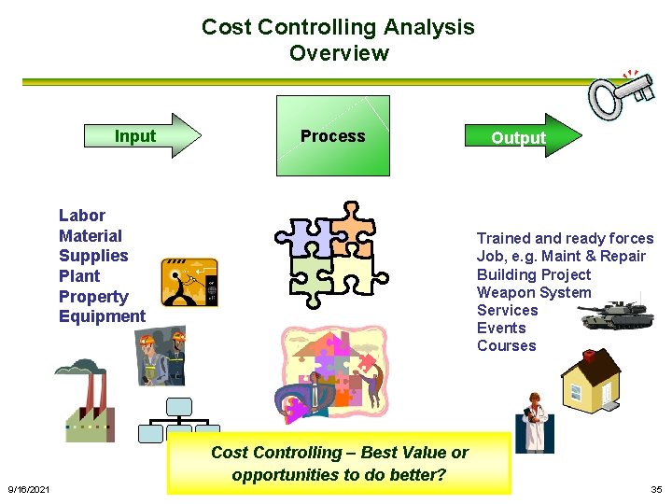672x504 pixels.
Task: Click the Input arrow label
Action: click(x=135, y=136)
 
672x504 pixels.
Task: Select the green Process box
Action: click(x=332, y=136)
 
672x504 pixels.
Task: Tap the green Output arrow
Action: click(x=519, y=137)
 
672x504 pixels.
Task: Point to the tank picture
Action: click(x=609, y=315)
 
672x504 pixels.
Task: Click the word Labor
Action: click(x=82, y=216)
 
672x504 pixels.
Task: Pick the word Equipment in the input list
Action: click(x=102, y=316)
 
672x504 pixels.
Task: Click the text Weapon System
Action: click(x=534, y=292)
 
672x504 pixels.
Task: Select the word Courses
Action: click(x=507, y=345)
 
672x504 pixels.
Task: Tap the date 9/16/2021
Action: click(x=29, y=490)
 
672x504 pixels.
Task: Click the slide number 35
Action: click(x=655, y=490)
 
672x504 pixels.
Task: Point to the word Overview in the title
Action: click(x=339, y=53)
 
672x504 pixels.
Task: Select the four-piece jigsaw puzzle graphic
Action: click(x=332, y=251)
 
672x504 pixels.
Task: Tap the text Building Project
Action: click(x=534, y=274)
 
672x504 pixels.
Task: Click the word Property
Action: click(x=93, y=297)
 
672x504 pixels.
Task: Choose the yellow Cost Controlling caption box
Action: click(x=339, y=463)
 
